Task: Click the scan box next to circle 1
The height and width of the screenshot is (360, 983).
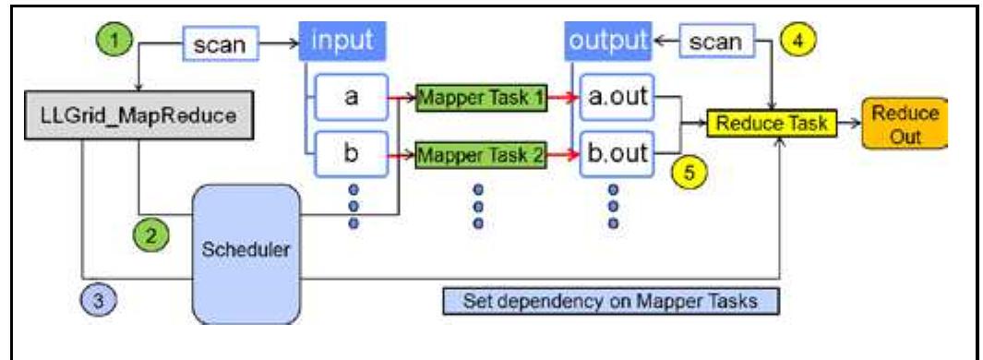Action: click(220, 43)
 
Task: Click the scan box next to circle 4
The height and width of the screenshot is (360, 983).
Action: click(716, 42)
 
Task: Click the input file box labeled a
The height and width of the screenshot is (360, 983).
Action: click(351, 97)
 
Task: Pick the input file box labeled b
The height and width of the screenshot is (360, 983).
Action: click(351, 153)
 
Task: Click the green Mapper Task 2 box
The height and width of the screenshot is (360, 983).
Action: click(480, 153)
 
